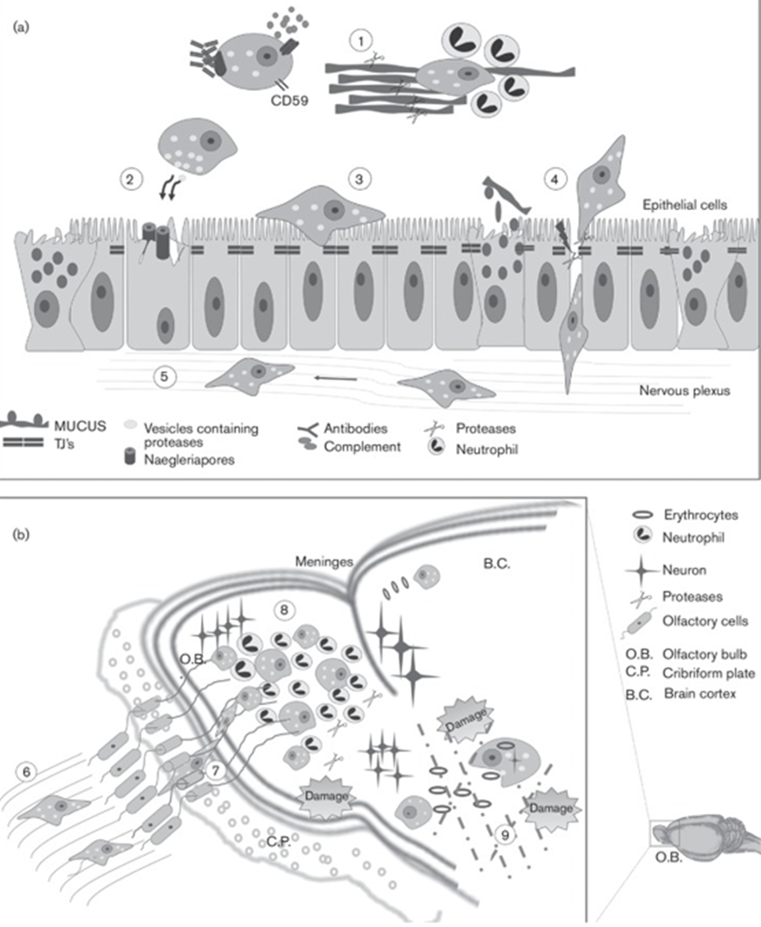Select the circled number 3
(x=360, y=178)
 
